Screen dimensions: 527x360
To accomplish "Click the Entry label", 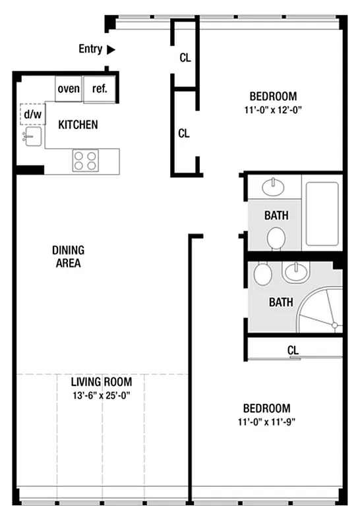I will click(x=90, y=49).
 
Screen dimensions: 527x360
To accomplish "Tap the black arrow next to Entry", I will click(x=111, y=49).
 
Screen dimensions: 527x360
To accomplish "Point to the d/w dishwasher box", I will click(x=32, y=114).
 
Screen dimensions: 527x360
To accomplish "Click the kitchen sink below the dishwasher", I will click(x=32, y=137).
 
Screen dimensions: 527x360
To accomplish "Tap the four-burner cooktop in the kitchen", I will click(x=85, y=160).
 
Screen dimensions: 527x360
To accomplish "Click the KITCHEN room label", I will click(x=78, y=125).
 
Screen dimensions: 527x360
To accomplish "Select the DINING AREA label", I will click(x=67, y=256).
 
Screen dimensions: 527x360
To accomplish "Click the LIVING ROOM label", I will click(x=102, y=382).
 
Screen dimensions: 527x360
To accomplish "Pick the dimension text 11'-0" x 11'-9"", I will click(x=266, y=422).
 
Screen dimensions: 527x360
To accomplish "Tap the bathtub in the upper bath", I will click(x=322, y=212).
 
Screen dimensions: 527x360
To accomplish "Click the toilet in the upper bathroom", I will click(x=276, y=237).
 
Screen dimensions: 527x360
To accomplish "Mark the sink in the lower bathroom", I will click(x=296, y=271).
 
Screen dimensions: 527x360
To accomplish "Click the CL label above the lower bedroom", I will click(x=293, y=350).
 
